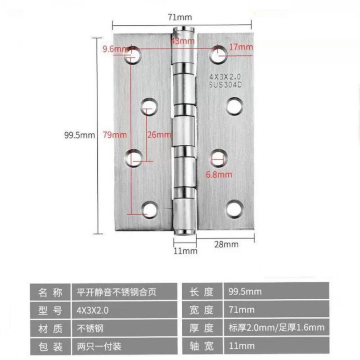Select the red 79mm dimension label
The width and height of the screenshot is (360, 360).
114,134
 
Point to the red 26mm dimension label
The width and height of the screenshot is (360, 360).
158,134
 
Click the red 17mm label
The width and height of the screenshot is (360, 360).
241,47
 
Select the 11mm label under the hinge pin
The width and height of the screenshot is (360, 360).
185,250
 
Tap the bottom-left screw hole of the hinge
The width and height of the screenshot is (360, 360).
149,209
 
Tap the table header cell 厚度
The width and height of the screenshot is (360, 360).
201,328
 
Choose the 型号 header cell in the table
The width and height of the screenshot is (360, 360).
50,310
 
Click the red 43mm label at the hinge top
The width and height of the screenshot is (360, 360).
182,41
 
